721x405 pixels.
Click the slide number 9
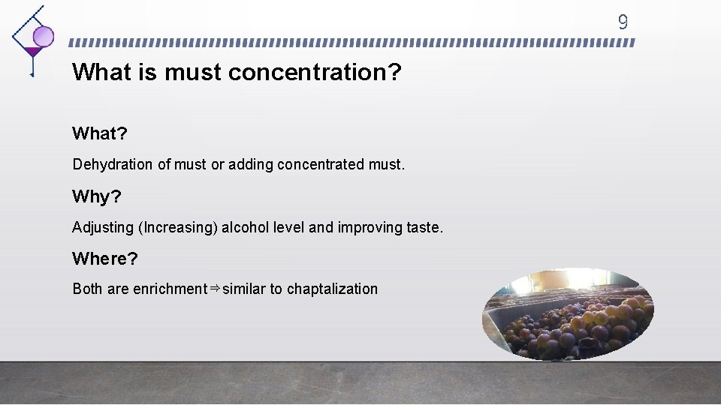click(x=622, y=22)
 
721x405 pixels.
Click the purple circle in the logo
click(x=44, y=36)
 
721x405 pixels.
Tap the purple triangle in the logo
click(x=32, y=52)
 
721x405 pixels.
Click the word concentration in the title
click(x=315, y=73)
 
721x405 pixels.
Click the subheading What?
click(x=100, y=133)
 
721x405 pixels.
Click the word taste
click(x=424, y=227)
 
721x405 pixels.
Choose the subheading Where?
click(x=105, y=259)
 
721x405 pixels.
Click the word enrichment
click(x=170, y=289)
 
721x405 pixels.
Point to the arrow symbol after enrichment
click(x=214, y=288)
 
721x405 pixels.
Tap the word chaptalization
click(x=332, y=289)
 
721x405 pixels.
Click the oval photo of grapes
click(x=567, y=314)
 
